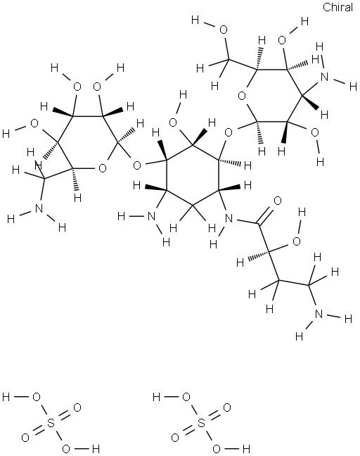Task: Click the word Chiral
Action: pos(337,7)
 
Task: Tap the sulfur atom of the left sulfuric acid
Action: pos(51,423)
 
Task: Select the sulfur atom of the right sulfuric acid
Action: pos(201,423)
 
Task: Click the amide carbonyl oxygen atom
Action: pos(278,201)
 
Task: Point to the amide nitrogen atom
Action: pos(229,218)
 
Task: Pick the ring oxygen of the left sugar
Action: pos(103,168)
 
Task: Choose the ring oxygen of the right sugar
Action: pos(242,96)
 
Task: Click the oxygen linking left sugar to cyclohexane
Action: pos(137,165)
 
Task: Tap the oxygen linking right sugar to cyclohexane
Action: pos(229,133)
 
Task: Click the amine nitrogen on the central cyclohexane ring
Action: pos(151,216)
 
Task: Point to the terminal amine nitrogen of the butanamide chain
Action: pos(319,314)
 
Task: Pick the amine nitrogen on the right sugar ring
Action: pos(325,77)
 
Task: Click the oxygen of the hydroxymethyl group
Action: pos(223,30)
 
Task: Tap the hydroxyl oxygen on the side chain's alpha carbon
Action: pos(297,241)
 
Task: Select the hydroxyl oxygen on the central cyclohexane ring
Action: pos(173,122)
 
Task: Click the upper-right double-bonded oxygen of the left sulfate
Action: pos(77,407)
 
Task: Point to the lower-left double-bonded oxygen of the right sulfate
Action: pos(175,438)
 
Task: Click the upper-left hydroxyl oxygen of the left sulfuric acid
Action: pos(37,397)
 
